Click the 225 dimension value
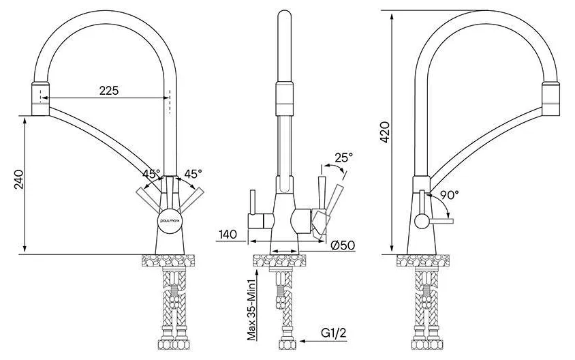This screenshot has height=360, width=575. (109, 90)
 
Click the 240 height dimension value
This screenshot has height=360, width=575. (18, 179)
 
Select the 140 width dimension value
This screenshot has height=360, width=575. (228, 234)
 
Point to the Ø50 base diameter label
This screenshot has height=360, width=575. (343, 245)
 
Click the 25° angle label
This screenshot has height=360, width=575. (343, 157)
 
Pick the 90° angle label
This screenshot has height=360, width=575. (449, 195)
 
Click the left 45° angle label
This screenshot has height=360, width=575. (151, 174)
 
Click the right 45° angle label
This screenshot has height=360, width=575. (193, 174)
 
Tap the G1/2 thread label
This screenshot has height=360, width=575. (333, 333)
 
